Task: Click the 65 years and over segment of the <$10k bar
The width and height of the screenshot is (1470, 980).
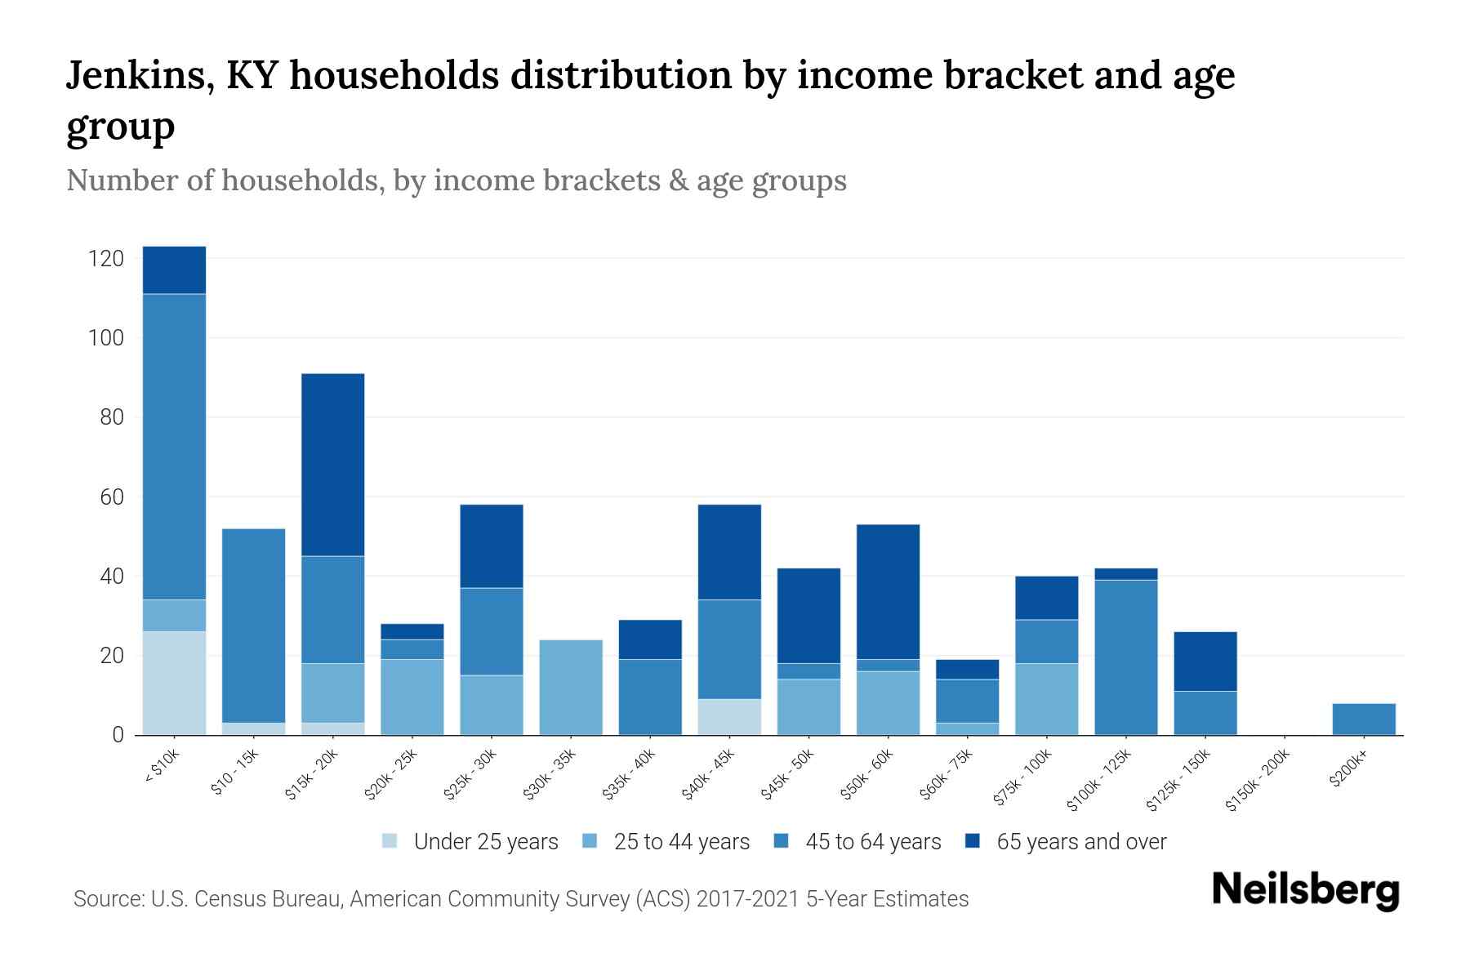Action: [174, 270]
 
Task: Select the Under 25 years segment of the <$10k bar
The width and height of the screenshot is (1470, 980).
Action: [174, 683]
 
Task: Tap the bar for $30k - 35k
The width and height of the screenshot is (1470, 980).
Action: [571, 687]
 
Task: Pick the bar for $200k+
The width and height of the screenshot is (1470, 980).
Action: [1363, 719]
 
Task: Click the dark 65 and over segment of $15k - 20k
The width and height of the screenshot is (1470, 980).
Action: [332, 465]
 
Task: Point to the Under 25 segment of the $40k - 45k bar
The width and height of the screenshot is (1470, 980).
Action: [729, 716]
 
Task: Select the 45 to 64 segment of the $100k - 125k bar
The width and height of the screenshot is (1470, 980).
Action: [1125, 657]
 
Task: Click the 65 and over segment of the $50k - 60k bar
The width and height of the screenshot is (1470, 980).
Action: [888, 591]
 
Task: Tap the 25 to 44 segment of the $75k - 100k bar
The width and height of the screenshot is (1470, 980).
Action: [1046, 698]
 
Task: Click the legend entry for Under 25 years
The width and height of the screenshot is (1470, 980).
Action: [485, 842]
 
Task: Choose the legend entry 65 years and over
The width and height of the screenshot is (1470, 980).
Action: [1080, 842]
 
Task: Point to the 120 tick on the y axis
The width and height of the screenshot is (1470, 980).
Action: [106, 259]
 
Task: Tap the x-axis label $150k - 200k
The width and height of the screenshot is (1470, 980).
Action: [1258, 780]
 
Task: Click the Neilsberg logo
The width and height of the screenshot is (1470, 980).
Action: [1305, 890]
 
